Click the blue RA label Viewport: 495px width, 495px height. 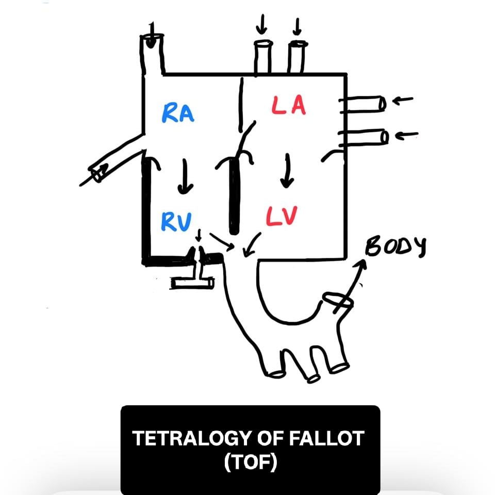pos(178,112)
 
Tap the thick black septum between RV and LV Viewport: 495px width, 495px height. pos(235,196)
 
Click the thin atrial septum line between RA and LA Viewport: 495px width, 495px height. pos(241,103)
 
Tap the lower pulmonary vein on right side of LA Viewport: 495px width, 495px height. pos(364,137)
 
